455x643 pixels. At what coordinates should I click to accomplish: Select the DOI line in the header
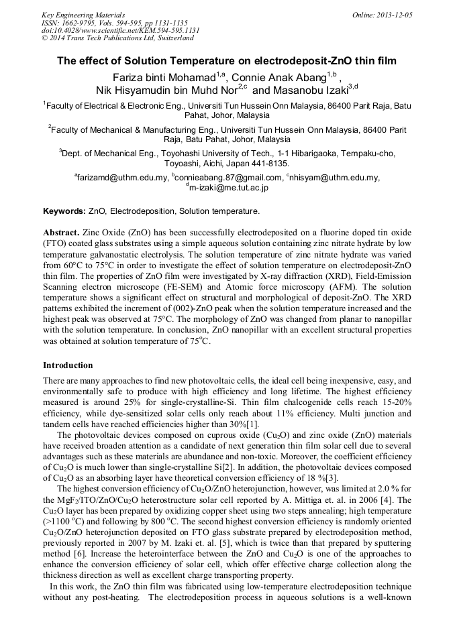[x=120, y=30]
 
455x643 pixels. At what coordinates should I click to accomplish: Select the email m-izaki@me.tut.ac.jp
[x=229, y=188]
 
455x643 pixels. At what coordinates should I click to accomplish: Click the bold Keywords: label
[x=64, y=211]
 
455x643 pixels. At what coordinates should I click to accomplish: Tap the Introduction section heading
[x=68, y=365]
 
